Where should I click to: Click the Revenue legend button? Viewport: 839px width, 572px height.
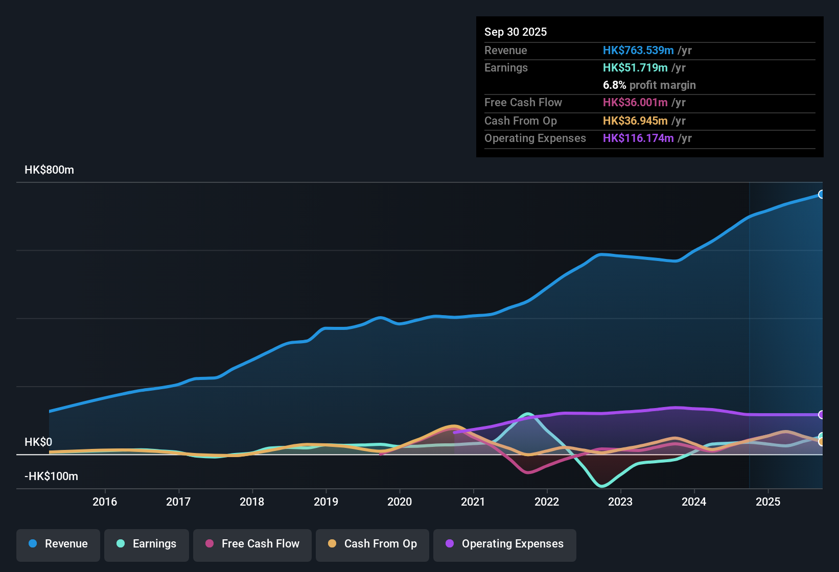pyautogui.click(x=58, y=544)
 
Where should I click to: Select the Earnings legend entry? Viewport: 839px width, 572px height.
pyautogui.click(x=147, y=544)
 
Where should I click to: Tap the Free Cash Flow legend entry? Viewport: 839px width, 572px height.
pyautogui.click(x=252, y=544)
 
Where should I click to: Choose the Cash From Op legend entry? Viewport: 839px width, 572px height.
pyautogui.click(x=372, y=544)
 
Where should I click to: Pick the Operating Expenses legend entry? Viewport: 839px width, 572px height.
pyautogui.click(x=505, y=544)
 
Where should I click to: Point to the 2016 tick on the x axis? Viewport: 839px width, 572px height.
pyautogui.click(x=105, y=502)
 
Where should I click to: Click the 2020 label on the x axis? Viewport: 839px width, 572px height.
pyautogui.click(x=400, y=502)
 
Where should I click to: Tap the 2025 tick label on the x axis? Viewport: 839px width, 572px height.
pyautogui.click(x=767, y=502)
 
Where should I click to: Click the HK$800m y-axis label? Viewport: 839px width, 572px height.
pyautogui.click(x=49, y=170)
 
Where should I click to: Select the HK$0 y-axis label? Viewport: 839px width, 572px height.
pyautogui.click(x=38, y=442)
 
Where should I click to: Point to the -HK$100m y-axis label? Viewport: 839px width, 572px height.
pyautogui.click(x=51, y=476)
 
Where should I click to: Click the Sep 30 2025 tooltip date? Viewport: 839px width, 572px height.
pyautogui.click(x=515, y=32)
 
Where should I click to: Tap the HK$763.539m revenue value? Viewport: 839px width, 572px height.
pyautogui.click(x=638, y=50)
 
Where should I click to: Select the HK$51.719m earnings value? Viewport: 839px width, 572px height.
pyautogui.click(x=635, y=67)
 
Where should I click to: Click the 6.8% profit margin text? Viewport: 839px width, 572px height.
pyautogui.click(x=649, y=85)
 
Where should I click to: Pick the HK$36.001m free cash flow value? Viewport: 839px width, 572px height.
pyautogui.click(x=635, y=102)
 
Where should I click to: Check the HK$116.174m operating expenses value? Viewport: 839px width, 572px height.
pyautogui.click(x=638, y=138)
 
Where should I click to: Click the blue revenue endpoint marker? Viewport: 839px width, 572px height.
pyautogui.click(x=821, y=194)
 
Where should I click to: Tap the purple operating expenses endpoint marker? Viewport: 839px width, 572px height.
pyautogui.click(x=821, y=415)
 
